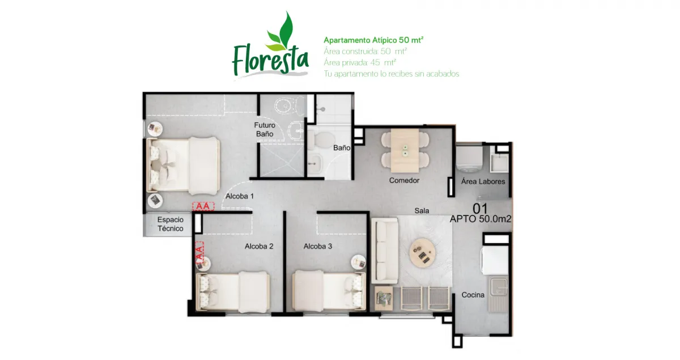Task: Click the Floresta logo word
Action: coord(270,60)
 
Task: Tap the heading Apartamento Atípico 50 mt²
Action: coord(373,40)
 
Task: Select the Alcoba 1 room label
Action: coord(240,196)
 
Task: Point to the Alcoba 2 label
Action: coord(259,246)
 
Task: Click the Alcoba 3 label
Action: coord(317,246)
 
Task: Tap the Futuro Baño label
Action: coord(265,129)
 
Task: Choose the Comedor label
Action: coord(404,180)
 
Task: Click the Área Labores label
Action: coord(483,181)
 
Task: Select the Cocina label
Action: coord(473,295)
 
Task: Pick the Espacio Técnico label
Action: coord(171,224)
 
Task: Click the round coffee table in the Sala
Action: coord(422,252)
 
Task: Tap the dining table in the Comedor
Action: coord(405,151)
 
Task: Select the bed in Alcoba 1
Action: coord(184,166)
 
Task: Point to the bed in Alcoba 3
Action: coord(329,291)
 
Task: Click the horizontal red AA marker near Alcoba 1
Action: coord(203,206)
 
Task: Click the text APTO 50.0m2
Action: coord(481,219)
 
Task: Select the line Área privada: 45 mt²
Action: coord(360,62)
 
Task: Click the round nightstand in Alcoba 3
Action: coord(359,262)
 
